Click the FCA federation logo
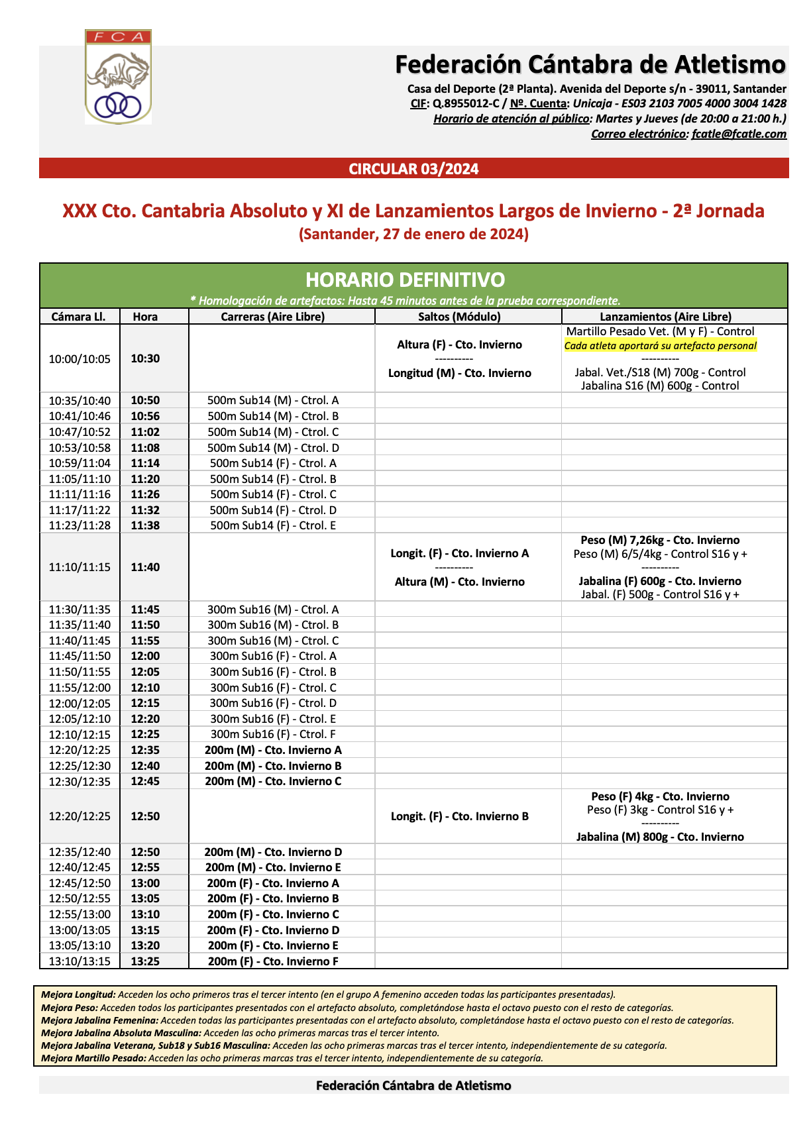tap(118, 77)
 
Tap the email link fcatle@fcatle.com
tap(739, 134)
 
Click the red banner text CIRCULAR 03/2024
tap(413, 169)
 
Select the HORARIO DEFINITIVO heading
tap(405, 280)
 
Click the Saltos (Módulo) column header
tap(459, 317)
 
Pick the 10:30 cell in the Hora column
tap(145, 358)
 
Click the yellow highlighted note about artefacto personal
tap(660, 345)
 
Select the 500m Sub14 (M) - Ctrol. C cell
tap(273, 432)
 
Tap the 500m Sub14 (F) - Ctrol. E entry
tap(273, 525)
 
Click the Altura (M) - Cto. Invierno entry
tap(459, 582)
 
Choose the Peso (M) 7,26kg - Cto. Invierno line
tap(660, 540)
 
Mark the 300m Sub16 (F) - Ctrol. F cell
tap(273, 734)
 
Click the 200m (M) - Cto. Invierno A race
tap(273, 750)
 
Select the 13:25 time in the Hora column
tap(145, 961)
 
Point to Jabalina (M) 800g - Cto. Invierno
tap(660, 837)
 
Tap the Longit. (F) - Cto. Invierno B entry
tap(459, 816)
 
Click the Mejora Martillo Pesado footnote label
tap(93, 1058)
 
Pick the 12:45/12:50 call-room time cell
tap(80, 883)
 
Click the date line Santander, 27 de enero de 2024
tap(413, 234)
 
